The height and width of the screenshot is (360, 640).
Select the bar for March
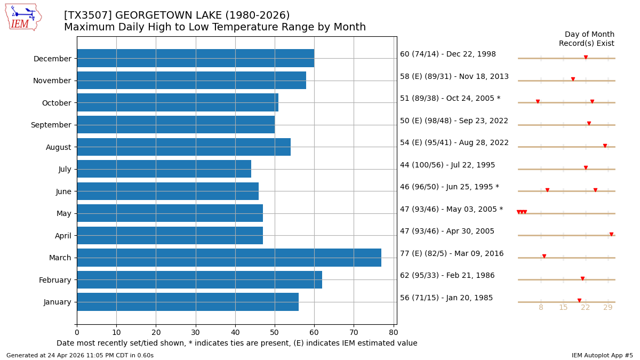click(x=229, y=258)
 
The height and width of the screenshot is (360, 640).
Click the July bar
click(x=164, y=169)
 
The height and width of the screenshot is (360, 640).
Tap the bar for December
click(x=195, y=58)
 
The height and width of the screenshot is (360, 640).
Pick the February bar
click(x=199, y=279)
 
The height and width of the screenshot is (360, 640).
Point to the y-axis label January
click(x=57, y=302)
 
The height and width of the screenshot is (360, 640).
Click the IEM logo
click(x=23, y=17)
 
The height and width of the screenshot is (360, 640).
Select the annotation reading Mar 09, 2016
click(x=451, y=254)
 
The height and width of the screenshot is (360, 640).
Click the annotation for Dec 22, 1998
click(x=447, y=54)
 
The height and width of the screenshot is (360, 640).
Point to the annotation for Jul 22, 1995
click(x=447, y=165)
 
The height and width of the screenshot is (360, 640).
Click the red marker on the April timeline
click(x=611, y=234)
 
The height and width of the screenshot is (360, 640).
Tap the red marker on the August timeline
click(x=605, y=146)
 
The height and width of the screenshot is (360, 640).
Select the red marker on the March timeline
click(x=544, y=256)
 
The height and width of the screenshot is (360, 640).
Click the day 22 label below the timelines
click(x=586, y=308)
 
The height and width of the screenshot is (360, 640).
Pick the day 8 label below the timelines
click(x=541, y=308)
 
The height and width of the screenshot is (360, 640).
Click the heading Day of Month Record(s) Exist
click(x=587, y=39)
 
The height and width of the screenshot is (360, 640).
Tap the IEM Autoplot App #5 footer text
click(x=602, y=356)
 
